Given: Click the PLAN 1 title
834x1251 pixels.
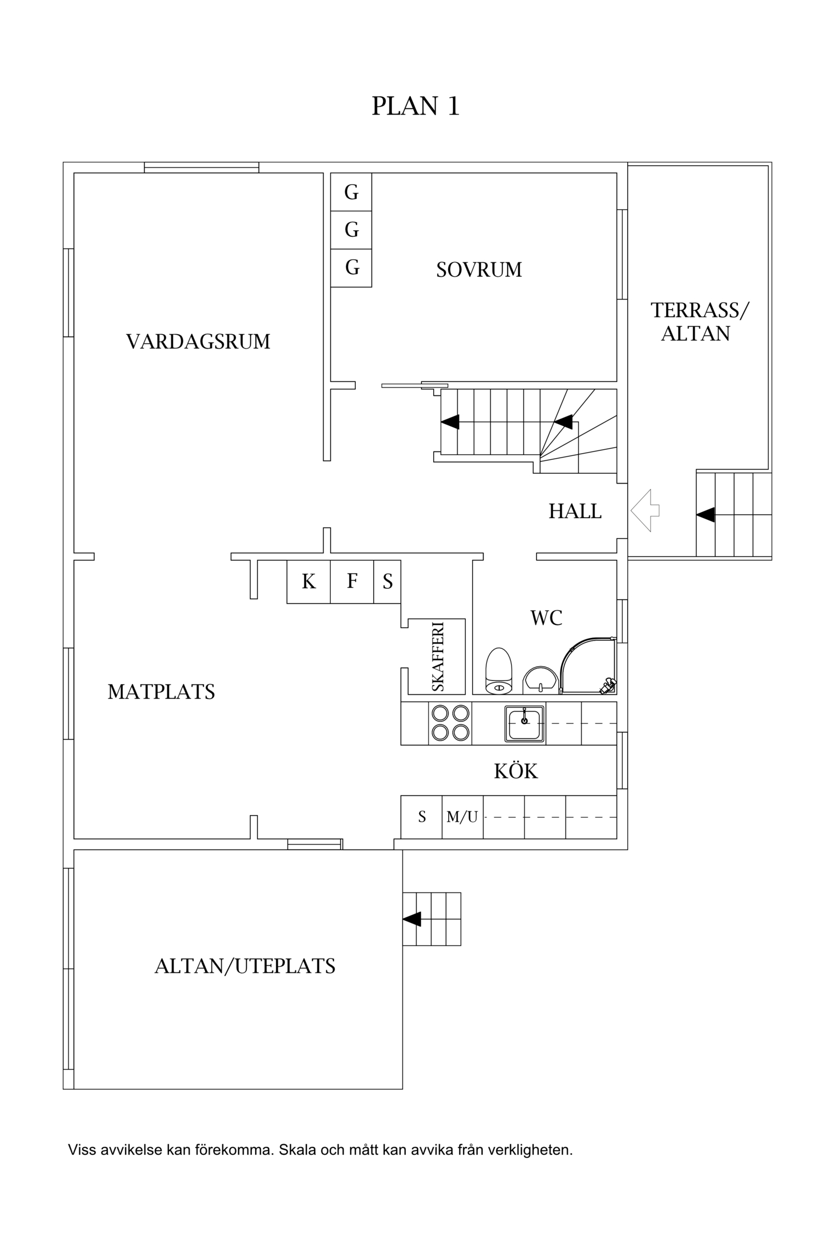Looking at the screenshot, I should (x=415, y=106).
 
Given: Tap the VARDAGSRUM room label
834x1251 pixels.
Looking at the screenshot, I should (x=198, y=341).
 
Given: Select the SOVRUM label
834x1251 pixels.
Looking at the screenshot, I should (x=479, y=270).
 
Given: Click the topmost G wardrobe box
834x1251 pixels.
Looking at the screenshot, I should (x=351, y=192).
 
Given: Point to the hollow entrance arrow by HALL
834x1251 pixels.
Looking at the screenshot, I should (x=645, y=510).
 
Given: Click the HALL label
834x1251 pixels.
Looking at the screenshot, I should (x=575, y=511).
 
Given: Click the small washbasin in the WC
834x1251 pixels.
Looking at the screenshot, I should (x=540, y=680).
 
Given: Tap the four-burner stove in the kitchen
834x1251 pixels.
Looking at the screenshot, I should (x=450, y=723).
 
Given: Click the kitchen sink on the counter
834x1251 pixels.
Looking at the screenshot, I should (x=524, y=723).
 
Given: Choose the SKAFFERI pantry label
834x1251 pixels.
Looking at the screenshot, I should (x=438, y=657).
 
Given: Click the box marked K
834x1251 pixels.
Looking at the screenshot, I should (x=309, y=582).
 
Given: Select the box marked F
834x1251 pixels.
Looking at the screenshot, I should (x=352, y=582).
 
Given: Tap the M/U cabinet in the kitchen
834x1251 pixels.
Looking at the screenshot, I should (x=462, y=817).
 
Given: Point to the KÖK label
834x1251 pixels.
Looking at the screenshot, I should (x=516, y=771).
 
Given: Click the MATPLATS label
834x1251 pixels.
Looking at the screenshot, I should (x=161, y=692).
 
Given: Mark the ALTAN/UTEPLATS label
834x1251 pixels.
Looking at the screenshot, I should (x=245, y=966).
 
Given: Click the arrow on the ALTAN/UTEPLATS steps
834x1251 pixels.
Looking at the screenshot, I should (x=412, y=919).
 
